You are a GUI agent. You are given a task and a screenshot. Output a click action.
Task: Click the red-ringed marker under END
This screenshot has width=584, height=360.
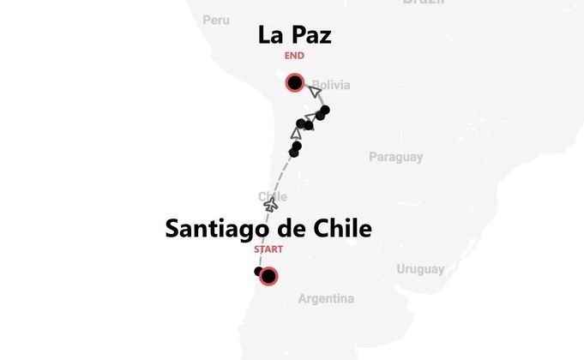click(295, 83)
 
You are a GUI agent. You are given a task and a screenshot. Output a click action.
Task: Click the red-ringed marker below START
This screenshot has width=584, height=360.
click(268, 276)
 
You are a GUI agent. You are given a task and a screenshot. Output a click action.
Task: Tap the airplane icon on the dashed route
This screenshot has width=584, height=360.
click(271, 206)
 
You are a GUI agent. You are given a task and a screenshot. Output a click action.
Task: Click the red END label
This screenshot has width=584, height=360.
click(294, 57)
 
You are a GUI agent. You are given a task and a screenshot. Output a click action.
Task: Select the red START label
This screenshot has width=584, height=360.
click(268, 249)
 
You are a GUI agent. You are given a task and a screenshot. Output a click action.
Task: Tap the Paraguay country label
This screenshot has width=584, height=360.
click(395, 157)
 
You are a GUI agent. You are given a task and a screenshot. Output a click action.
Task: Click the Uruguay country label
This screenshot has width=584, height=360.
click(420, 269)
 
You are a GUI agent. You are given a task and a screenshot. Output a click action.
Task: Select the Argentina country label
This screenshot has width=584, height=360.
click(326, 299)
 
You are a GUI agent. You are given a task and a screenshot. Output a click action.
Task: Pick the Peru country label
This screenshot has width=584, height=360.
click(217, 20)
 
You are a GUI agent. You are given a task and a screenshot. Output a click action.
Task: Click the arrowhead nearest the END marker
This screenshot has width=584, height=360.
click(316, 89)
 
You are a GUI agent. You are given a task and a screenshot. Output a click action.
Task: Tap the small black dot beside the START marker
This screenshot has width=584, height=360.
click(258, 272)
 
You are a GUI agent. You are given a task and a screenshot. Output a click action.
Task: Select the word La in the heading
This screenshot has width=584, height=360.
click(271, 35)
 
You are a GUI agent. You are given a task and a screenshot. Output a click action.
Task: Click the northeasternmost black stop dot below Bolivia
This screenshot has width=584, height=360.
click(324, 110)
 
